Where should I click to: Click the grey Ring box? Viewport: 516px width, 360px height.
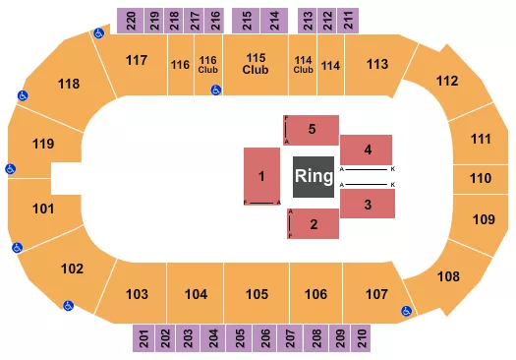pyautogui.click(x=314, y=177)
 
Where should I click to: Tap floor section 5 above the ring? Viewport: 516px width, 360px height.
pyautogui.click(x=312, y=129)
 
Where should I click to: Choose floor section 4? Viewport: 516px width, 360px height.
pyautogui.click(x=368, y=150)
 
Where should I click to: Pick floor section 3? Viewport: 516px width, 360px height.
pyautogui.click(x=368, y=205)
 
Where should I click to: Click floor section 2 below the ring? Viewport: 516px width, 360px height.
pyautogui.click(x=312, y=224)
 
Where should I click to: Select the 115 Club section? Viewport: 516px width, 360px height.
pyautogui.click(x=256, y=65)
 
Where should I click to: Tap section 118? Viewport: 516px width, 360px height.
pyautogui.click(x=68, y=84)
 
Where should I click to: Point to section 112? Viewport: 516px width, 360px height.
pyautogui.click(x=447, y=81)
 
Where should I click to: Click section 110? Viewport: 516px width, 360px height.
pyautogui.click(x=480, y=179)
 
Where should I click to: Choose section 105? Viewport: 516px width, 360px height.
pyautogui.click(x=257, y=294)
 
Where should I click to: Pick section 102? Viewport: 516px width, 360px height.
pyautogui.click(x=72, y=269)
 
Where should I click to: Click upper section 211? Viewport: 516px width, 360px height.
pyautogui.click(x=350, y=18)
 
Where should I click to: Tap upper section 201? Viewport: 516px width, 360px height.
pyautogui.click(x=143, y=338)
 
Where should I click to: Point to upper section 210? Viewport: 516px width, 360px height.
pyautogui.click(x=363, y=338)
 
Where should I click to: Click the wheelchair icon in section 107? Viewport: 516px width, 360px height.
pyautogui.click(x=405, y=312)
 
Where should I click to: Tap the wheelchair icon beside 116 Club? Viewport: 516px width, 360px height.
pyautogui.click(x=215, y=90)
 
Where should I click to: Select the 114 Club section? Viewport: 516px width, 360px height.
pyautogui.click(x=304, y=65)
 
